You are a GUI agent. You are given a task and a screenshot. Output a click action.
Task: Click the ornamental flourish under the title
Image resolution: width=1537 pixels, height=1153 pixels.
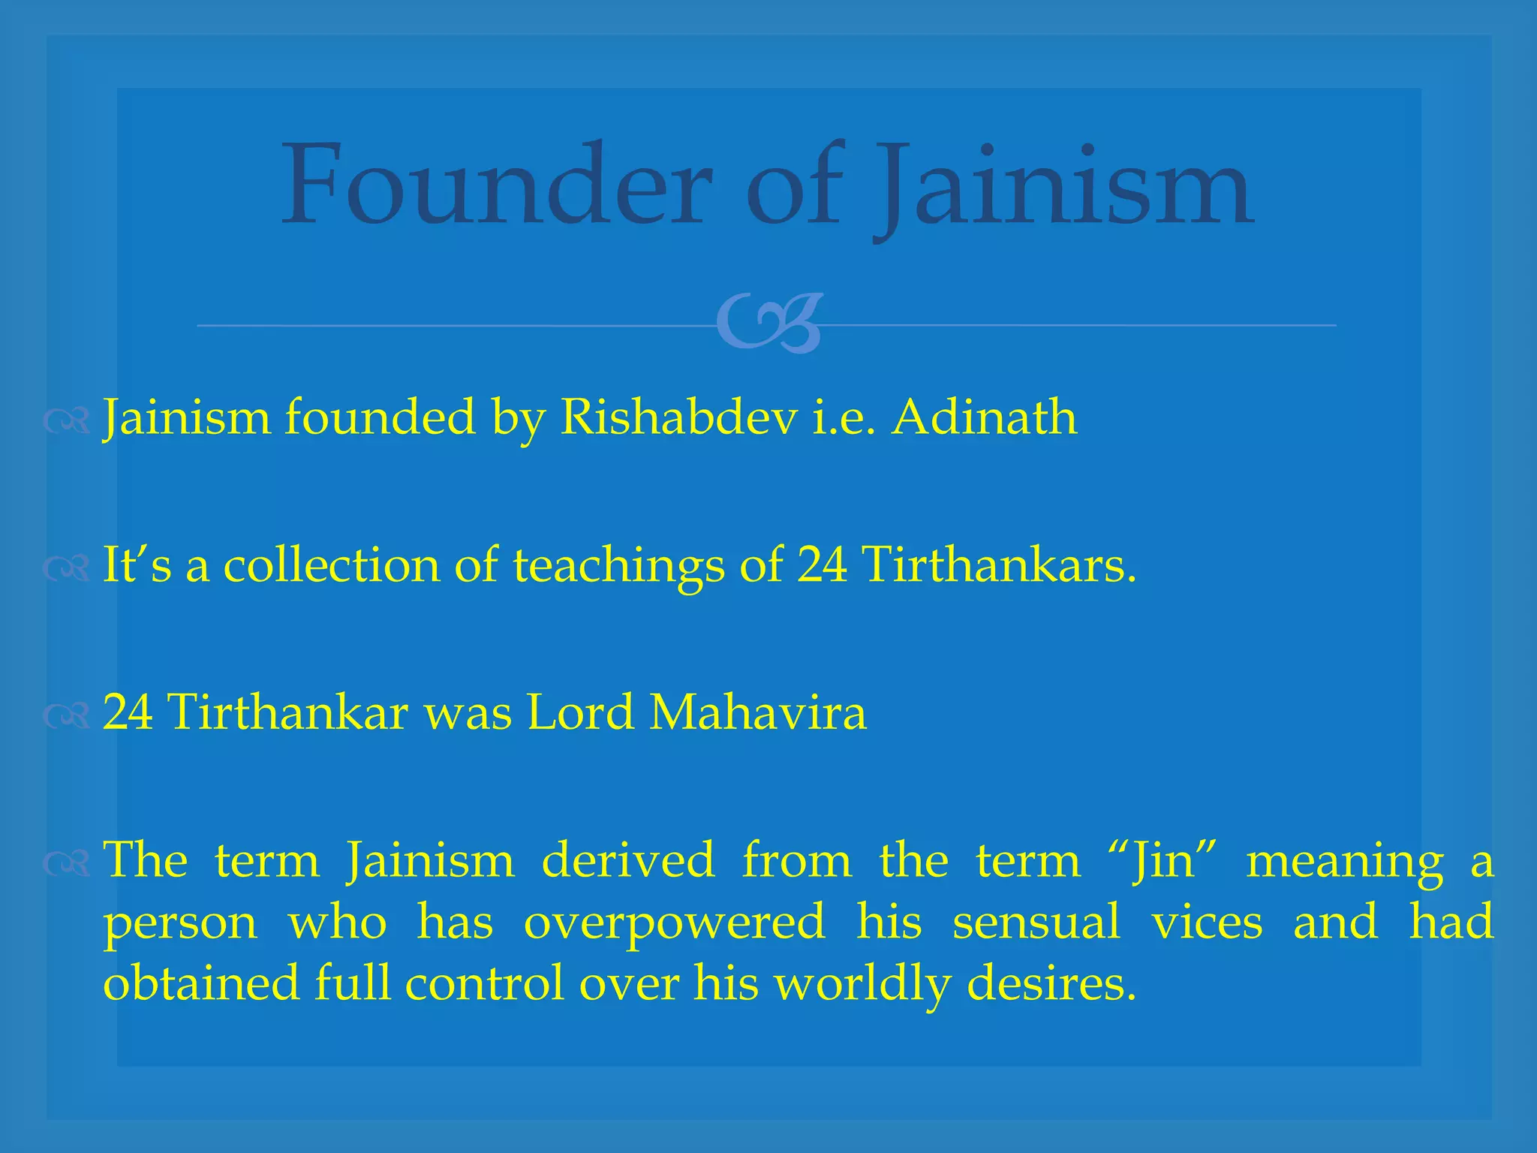[x=768, y=324]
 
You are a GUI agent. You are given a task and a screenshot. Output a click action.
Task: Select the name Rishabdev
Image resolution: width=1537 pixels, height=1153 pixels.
[x=678, y=417]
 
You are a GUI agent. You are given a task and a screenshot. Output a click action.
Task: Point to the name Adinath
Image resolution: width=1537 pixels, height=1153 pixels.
[x=984, y=417]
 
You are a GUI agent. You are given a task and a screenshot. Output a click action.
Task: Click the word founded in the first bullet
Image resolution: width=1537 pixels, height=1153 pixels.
[x=380, y=417]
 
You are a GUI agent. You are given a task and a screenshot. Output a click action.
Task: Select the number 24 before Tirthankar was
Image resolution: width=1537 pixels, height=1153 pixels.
[x=128, y=712]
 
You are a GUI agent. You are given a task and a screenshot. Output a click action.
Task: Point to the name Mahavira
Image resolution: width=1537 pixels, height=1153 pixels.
[x=758, y=712]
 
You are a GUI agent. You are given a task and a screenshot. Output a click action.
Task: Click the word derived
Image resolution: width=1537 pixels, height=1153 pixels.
[x=628, y=860]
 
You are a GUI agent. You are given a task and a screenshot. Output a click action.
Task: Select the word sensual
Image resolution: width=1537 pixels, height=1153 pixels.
[x=1036, y=922]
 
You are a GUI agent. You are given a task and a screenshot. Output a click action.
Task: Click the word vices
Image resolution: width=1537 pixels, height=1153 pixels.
[x=1207, y=922]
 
